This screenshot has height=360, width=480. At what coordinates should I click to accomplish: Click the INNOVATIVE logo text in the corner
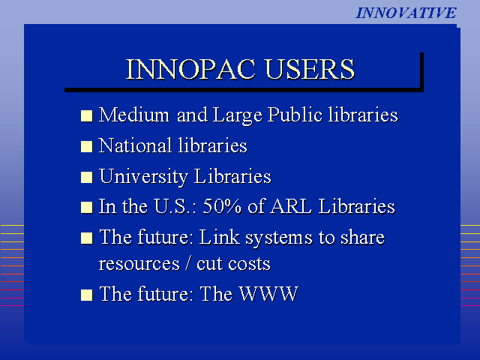(406, 13)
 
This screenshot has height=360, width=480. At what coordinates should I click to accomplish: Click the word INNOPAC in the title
(190, 70)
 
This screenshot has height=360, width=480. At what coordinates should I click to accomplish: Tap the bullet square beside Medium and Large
(87, 116)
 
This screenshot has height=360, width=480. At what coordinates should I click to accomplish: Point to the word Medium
(134, 115)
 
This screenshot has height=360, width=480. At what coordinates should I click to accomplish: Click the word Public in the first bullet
(295, 115)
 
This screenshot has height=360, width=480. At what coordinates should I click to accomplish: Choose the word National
(135, 145)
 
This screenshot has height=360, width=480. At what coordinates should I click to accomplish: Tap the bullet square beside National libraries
(87, 146)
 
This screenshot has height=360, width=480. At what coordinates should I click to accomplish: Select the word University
(143, 177)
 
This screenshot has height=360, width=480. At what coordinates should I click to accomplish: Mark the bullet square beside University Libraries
(87, 177)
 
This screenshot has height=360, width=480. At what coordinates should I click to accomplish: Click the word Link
(219, 237)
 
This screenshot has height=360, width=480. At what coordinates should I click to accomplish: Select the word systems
(279, 238)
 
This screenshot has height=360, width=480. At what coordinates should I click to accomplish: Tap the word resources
(139, 264)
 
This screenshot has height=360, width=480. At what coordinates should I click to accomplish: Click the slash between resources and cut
(187, 263)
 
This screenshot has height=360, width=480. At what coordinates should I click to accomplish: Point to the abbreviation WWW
(268, 294)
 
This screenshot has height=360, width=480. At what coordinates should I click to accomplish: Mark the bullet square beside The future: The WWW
(87, 295)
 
